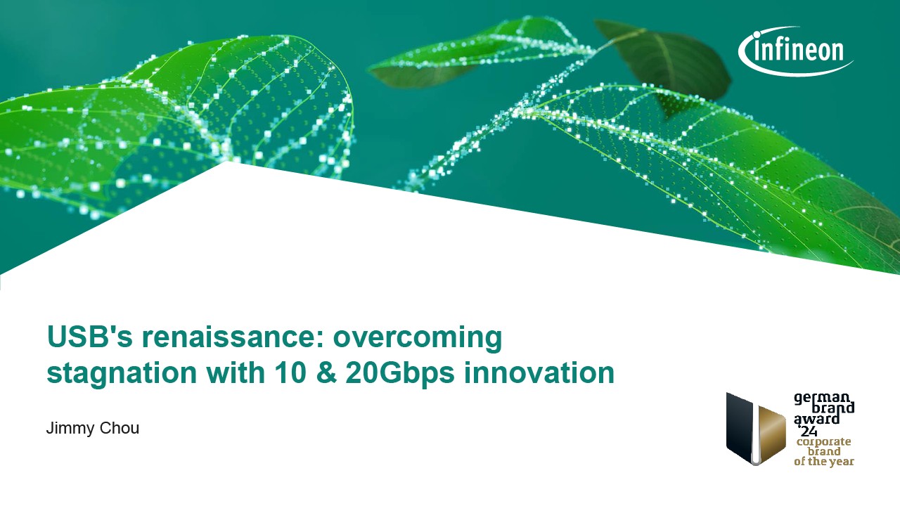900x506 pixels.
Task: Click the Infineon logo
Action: [x=795, y=51]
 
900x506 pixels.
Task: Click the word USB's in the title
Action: [x=89, y=337]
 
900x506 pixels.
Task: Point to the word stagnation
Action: [x=122, y=373]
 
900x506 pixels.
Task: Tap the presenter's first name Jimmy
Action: [x=69, y=429]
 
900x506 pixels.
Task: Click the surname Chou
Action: [x=120, y=428]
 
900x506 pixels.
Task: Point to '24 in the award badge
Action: [x=808, y=432]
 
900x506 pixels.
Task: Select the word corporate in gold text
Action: [x=823, y=442]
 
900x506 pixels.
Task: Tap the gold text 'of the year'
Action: [x=823, y=462]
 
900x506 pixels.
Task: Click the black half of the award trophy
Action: [x=739, y=428]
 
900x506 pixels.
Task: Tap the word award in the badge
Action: [x=817, y=420]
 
